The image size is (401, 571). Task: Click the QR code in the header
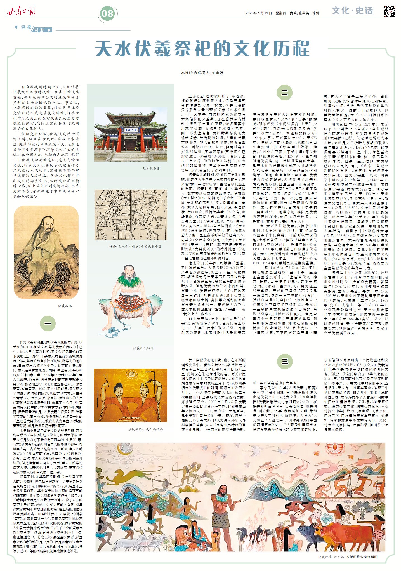(389, 11)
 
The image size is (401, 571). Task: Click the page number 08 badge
(107, 13)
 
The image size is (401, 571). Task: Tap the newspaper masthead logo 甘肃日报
(21, 12)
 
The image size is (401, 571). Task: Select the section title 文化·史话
(352, 11)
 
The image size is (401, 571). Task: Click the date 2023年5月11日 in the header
(259, 13)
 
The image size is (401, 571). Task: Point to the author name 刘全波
(218, 73)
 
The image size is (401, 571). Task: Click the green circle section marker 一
(48, 323)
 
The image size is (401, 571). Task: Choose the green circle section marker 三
(284, 361)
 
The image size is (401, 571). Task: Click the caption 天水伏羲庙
(151, 169)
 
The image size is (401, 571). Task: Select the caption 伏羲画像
(65, 306)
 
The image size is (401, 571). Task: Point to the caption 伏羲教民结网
(143, 348)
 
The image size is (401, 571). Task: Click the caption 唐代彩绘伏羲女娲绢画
(145, 429)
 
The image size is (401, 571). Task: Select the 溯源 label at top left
(26, 27)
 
